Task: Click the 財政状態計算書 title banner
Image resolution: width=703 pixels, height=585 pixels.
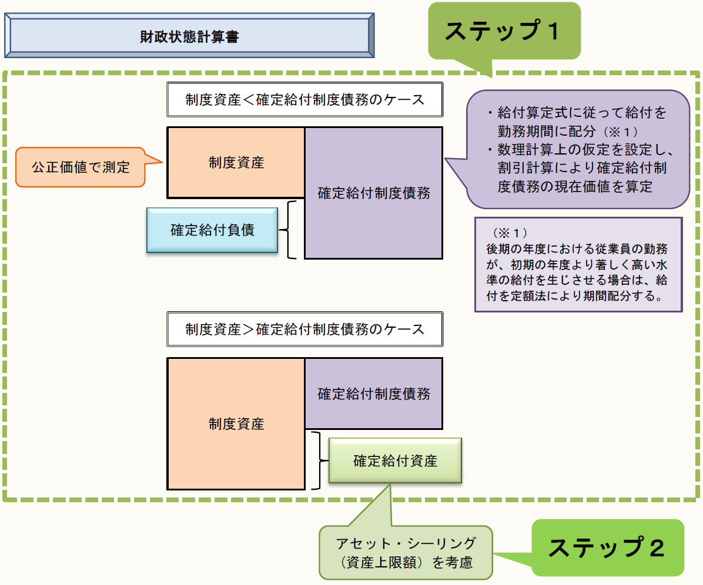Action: tap(189, 36)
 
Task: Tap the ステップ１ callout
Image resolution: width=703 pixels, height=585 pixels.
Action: tap(504, 31)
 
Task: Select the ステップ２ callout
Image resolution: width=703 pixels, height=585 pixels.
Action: tap(607, 547)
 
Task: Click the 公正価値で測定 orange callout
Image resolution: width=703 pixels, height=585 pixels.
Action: tap(81, 167)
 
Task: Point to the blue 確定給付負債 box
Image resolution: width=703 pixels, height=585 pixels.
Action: tap(212, 230)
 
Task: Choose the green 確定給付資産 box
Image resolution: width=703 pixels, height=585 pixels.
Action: tap(395, 460)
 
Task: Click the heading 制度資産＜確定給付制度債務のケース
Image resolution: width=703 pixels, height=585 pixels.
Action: tap(304, 99)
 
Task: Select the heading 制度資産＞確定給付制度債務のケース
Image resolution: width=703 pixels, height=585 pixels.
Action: tap(304, 328)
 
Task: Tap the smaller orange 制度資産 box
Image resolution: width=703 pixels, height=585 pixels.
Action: tap(236, 163)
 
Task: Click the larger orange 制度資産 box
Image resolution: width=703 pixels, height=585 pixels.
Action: tap(236, 423)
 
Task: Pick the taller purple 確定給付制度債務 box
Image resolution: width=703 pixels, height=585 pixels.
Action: tap(373, 193)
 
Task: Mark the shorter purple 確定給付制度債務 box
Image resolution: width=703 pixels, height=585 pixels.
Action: tap(373, 394)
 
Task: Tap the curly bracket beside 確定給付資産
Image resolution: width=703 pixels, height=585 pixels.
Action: tap(317, 460)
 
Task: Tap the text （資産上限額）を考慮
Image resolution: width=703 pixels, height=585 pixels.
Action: tap(406, 562)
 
